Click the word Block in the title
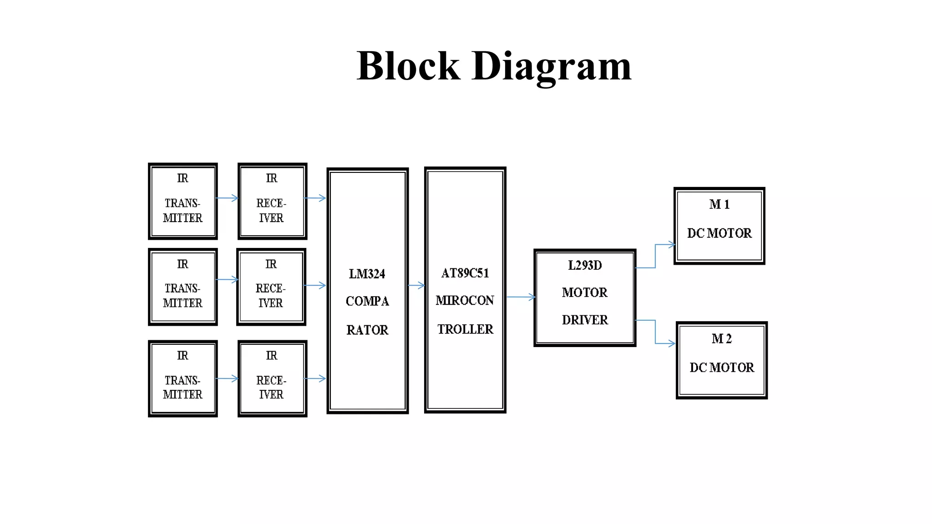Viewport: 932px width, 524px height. click(x=408, y=66)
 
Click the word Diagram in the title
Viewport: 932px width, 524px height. click(x=552, y=66)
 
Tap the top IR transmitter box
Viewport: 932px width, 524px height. click(x=182, y=201)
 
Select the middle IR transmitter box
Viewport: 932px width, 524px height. click(x=182, y=287)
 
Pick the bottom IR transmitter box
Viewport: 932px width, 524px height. click(x=182, y=378)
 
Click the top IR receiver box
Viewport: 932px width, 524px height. click(x=272, y=201)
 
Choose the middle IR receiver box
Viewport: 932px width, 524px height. click(x=271, y=287)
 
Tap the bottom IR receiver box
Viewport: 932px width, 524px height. click(x=272, y=378)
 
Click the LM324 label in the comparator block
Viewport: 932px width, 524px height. click(x=367, y=274)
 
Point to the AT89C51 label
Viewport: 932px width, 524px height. click(x=465, y=273)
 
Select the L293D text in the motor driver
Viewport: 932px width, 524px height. click(x=585, y=265)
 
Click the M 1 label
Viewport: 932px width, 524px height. click(x=719, y=204)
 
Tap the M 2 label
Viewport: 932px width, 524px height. click(x=721, y=338)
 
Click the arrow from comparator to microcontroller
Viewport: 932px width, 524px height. click(x=416, y=286)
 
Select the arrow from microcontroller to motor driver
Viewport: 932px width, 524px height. click(x=520, y=297)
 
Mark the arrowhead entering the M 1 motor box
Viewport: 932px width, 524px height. click(x=672, y=245)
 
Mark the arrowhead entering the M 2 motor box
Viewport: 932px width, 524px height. click(x=672, y=343)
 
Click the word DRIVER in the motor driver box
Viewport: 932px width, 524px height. click(x=585, y=320)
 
